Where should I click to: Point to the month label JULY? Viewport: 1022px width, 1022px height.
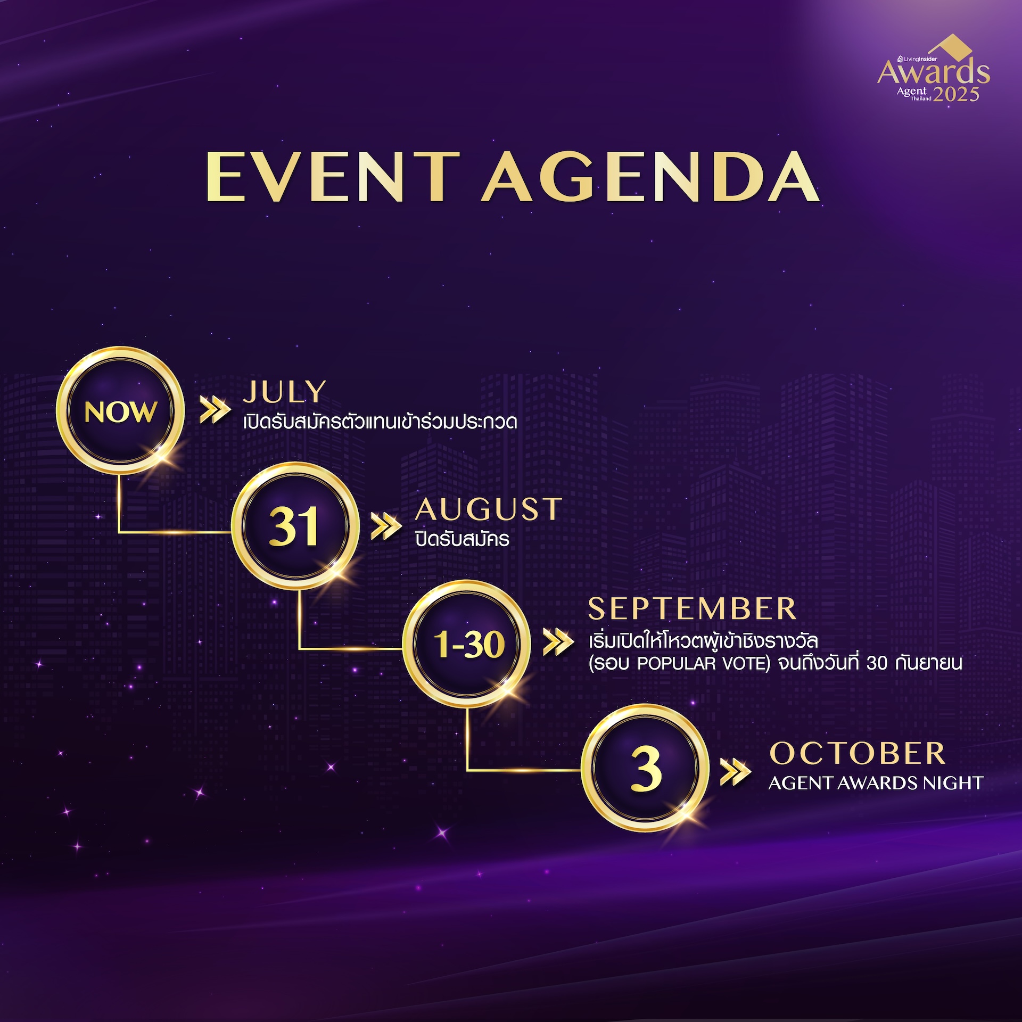285,392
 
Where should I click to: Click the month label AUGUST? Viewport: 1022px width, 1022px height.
489,509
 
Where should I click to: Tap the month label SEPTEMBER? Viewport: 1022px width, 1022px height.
692,608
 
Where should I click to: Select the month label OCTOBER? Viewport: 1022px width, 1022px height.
858,753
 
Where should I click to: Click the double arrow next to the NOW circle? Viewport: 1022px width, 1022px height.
215,409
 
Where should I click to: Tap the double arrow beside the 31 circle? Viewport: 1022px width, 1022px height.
386,526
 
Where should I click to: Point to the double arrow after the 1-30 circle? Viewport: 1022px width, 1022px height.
558,642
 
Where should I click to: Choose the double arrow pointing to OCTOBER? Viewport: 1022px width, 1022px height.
736,772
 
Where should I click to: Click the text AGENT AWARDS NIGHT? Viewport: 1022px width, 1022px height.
876,783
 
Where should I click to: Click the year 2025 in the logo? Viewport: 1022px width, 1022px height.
956,94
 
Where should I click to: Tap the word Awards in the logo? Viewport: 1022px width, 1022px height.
934,71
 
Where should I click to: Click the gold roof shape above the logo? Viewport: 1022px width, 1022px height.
951,46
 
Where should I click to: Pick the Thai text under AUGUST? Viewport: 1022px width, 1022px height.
462,539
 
